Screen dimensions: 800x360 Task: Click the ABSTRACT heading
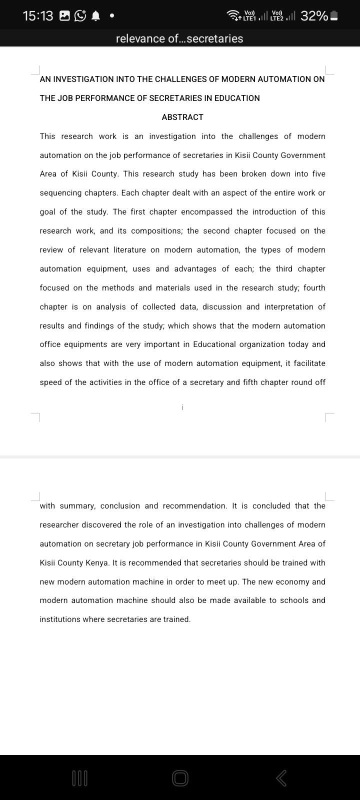click(182, 117)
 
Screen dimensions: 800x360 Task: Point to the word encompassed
click(206, 212)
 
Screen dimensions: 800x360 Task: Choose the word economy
click(292, 582)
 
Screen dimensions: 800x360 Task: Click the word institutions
click(60, 619)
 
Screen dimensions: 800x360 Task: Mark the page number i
click(182, 407)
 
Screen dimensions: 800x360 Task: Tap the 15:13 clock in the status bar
click(38, 16)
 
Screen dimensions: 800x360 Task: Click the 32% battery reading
click(314, 16)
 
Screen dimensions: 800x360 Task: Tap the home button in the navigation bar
click(180, 778)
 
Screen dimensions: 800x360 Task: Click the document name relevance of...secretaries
click(179, 38)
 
